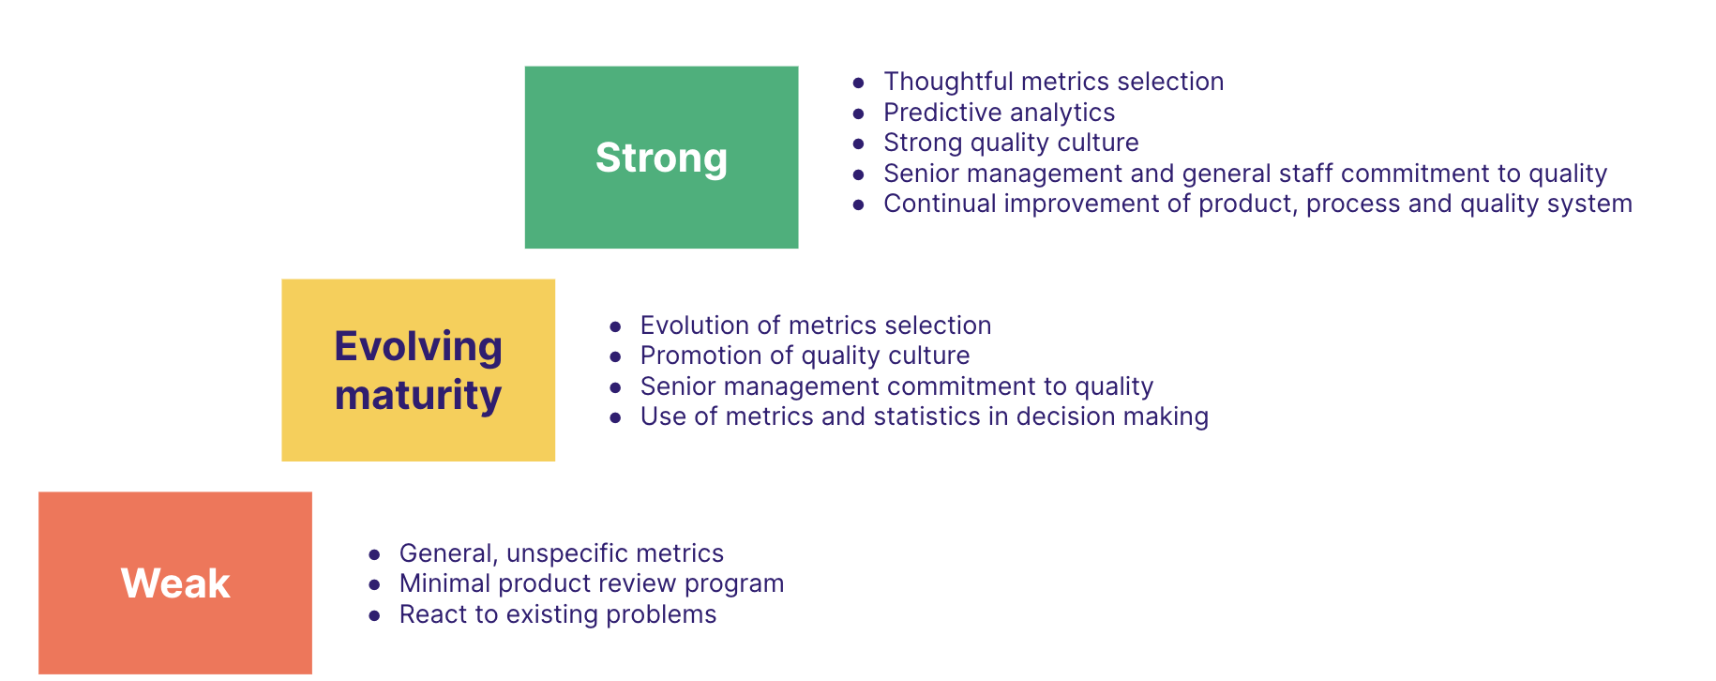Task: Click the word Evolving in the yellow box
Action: tap(418, 346)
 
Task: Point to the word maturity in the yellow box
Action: tap(418, 395)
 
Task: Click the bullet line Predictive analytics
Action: tap(999, 113)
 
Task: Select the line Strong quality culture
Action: tap(1011, 143)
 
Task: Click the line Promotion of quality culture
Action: tap(805, 356)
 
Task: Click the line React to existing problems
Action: tap(557, 614)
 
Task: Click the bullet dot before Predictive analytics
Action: tap(858, 113)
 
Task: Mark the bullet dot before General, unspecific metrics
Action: tap(374, 554)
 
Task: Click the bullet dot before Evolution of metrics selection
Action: tap(615, 326)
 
